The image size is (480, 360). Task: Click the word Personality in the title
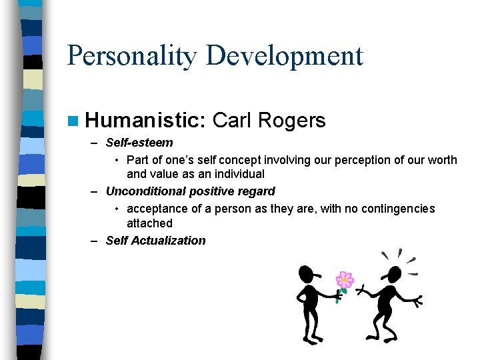pyautogui.click(x=132, y=55)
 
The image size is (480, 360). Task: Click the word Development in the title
pyautogui.click(x=284, y=55)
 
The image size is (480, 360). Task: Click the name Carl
pyautogui.click(x=231, y=121)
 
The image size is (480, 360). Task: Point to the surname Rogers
pyautogui.click(x=291, y=121)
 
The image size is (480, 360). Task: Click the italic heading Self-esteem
pyautogui.click(x=139, y=143)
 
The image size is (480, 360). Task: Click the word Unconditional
pyautogui.click(x=145, y=191)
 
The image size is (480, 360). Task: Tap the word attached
pyautogui.click(x=149, y=223)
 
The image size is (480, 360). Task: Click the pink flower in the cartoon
pyautogui.click(x=344, y=279)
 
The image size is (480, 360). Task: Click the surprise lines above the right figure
pyautogui.click(x=399, y=257)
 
